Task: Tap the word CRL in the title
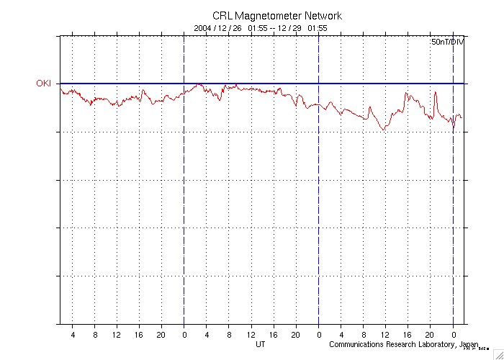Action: coord(222,16)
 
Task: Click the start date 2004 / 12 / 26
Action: coord(218,28)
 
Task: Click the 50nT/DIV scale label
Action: coord(447,43)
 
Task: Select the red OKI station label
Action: coord(44,84)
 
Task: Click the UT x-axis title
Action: coord(261,345)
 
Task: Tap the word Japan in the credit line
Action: coord(469,345)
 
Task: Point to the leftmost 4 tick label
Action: coord(73,335)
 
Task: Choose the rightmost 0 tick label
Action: coord(453,335)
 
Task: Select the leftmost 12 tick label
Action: coord(117,335)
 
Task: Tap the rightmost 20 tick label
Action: coord(430,335)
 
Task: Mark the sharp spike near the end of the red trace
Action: coord(436,93)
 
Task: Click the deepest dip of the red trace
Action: coord(384,129)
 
